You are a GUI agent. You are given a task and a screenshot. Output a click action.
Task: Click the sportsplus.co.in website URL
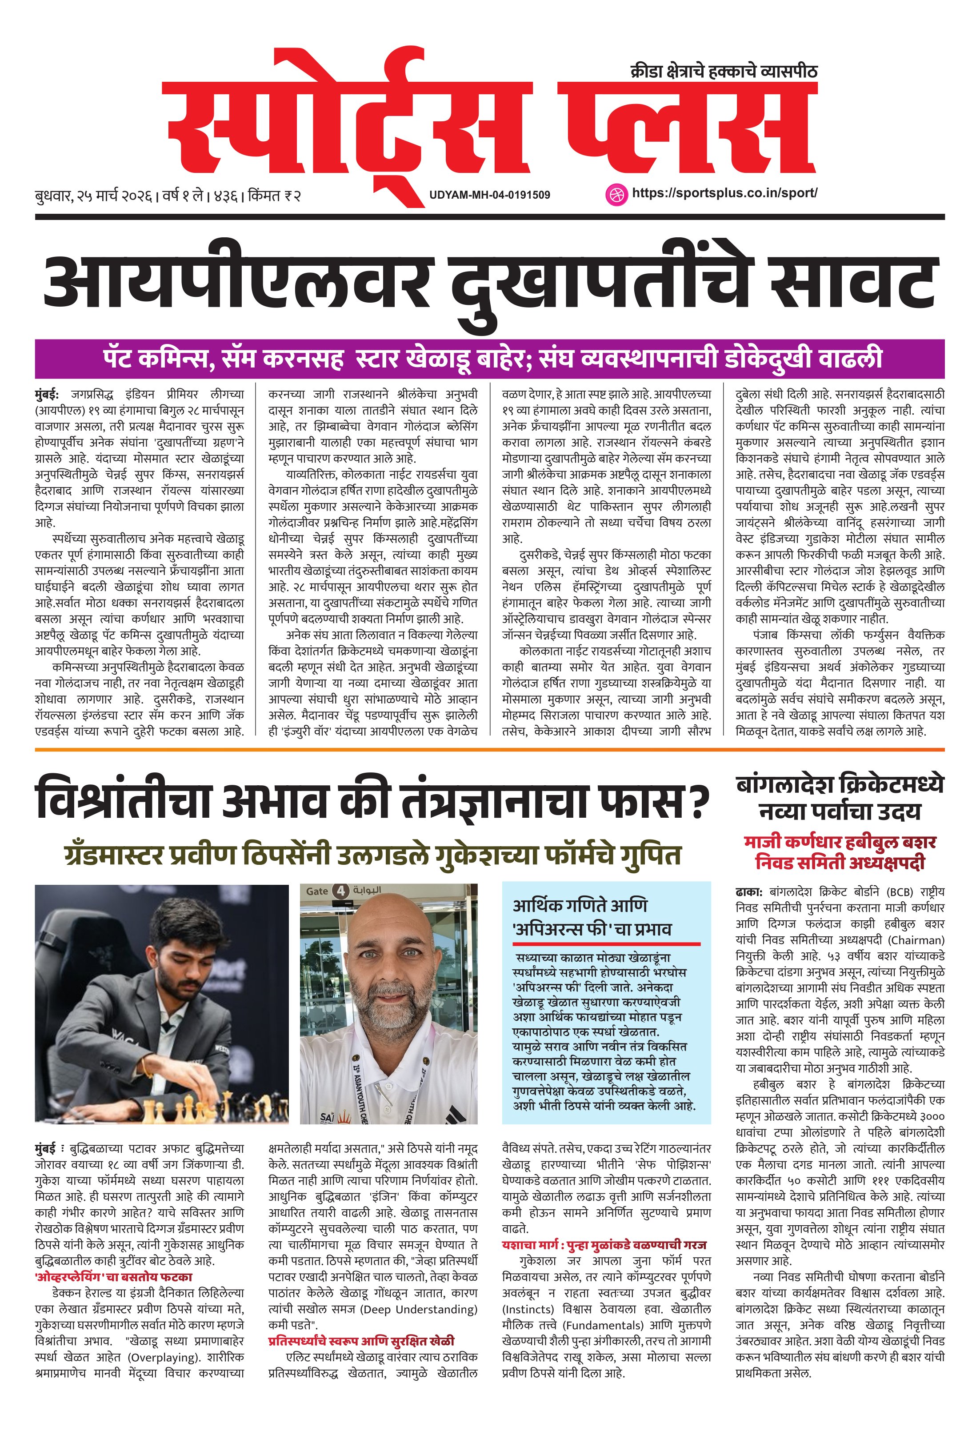tap(724, 192)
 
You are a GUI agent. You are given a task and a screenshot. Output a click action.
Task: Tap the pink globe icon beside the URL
tap(616, 193)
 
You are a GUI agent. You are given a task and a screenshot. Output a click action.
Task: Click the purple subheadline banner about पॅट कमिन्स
tap(490, 359)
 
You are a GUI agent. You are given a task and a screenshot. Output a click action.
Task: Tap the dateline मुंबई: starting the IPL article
tap(48, 394)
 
